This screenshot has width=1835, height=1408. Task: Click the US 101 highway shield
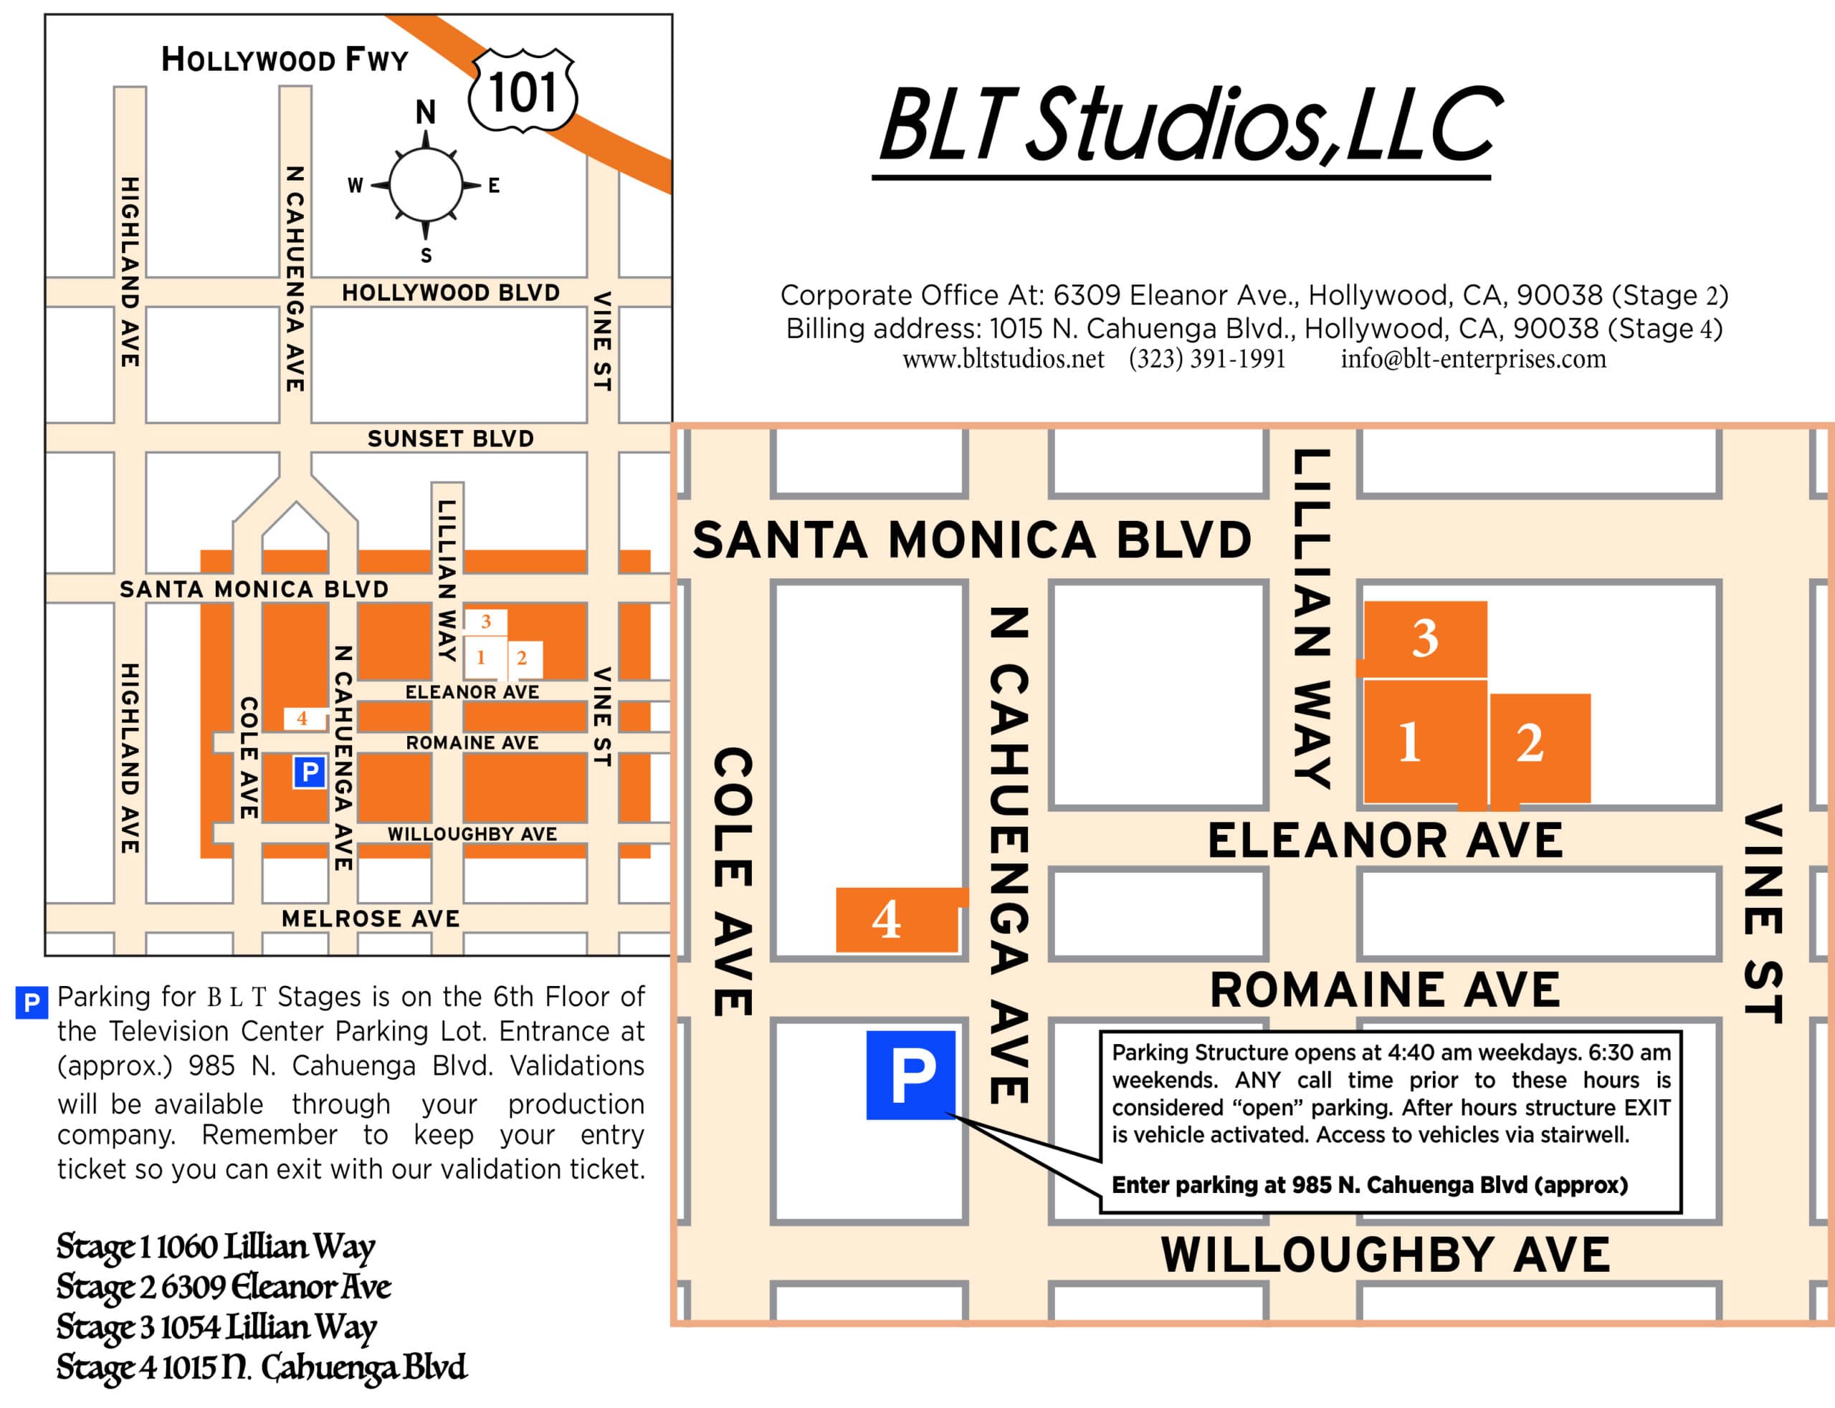pyautogui.click(x=523, y=91)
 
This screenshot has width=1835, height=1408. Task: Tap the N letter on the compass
pyautogui.click(x=426, y=112)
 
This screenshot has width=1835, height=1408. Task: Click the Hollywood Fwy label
pyautogui.click(x=284, y=59)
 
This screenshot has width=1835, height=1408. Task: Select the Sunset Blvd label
pyautogui.click(x=450, y=439)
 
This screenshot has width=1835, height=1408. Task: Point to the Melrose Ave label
pyautogui.click(x=371, y=919)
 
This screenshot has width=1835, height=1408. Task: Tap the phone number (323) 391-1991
pyautogui.click(x=1206, y=359)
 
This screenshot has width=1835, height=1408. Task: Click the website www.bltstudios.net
pyautogui.click(x=1003, y=359)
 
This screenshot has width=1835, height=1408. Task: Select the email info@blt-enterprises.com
pyautogui.click(x=1473, y=359)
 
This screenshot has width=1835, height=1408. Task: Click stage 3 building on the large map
pyautogui.click(x=1424, y=638)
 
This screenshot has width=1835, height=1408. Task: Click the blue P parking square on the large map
pyautogui.click(x=910, y=1074)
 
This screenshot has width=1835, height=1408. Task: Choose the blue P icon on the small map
pyautogui.click(x=310, y=771)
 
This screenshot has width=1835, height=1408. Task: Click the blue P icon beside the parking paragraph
pyautogui.click(x=31, y=1002)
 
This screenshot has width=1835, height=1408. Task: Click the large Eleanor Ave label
pyautogui.click(x=1385, y=841)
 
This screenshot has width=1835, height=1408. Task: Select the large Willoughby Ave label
pyautogui.click(x=1385, y=1255)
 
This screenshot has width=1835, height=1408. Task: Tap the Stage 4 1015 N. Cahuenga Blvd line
pyautogui.click(x=261, y=1367)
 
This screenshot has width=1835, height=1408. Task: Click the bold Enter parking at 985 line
pyautogui.click(x=1369, y=1185)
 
